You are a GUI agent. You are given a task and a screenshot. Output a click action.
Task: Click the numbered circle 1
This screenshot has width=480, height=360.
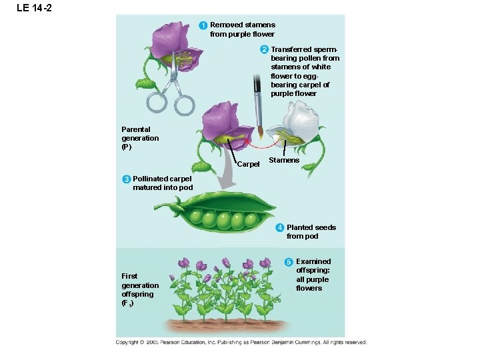click(203, 25)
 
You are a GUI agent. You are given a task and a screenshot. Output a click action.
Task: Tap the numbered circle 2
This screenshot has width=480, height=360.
click(264, 49)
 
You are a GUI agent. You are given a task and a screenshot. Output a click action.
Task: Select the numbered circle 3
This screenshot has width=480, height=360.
click(126, 179)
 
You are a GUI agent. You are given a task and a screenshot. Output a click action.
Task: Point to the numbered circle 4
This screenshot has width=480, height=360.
click(280, 227)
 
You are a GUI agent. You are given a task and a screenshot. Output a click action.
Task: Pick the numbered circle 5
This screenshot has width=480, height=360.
click(289, 261)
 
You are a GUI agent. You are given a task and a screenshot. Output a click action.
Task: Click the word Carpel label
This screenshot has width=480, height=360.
click(248, 164)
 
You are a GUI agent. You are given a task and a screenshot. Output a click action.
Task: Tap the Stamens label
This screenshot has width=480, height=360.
click(284, 160)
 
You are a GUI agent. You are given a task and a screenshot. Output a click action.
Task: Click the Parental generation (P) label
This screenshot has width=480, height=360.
click(140, 138)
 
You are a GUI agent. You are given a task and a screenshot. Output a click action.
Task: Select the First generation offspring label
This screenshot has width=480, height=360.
click(140, 289)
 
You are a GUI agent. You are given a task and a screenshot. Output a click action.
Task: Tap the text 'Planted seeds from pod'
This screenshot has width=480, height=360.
click(311, 231)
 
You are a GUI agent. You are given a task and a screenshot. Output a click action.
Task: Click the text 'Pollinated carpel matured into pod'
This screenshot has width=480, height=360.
click(163, 183)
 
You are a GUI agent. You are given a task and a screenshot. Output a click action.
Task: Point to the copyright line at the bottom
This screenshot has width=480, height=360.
click(241, 342)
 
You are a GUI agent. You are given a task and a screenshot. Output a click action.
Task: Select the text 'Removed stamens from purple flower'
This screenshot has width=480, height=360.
click(242, 29)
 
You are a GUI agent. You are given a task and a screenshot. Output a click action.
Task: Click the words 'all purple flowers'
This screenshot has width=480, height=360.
click(312, 283)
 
